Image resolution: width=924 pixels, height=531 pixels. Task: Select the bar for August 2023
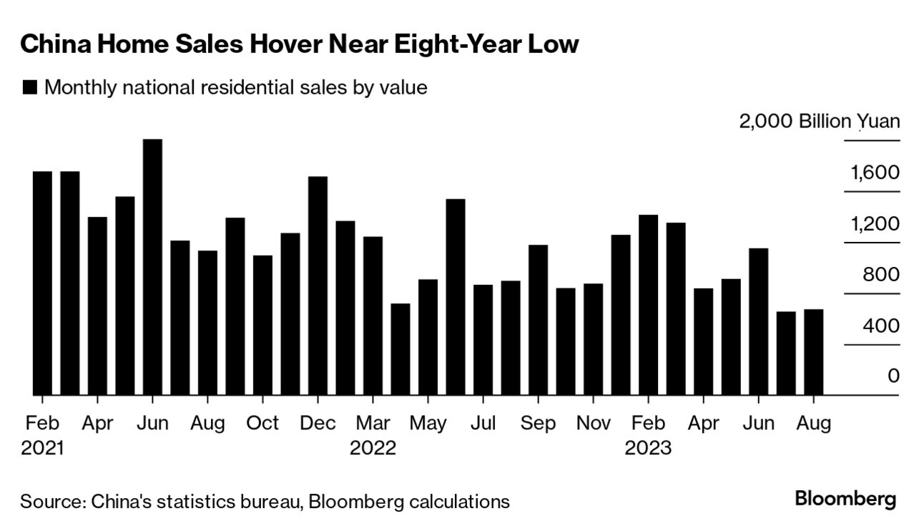click(813, 352)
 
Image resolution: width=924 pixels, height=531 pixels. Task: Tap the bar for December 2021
click(318, 286)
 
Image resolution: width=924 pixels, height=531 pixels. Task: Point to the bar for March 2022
click(373, 316)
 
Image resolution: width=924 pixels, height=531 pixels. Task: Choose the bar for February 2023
click(648, 305)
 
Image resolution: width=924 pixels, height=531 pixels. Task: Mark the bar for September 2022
click(538, 320)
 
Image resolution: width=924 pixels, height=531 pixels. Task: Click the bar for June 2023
click(758, 321)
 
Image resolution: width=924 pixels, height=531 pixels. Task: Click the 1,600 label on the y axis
click(875, 173)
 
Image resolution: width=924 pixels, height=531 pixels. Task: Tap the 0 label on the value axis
click(893, 376)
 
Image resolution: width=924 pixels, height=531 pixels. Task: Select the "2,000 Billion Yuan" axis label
click(820, 121)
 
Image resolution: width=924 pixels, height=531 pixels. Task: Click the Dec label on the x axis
click(318, 424)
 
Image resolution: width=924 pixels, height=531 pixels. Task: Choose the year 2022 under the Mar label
click(373, 448)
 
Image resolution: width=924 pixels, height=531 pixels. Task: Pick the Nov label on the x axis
click(593, 424)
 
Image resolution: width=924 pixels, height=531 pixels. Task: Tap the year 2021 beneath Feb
click(42, 448)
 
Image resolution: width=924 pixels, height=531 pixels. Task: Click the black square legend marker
click(30, 88)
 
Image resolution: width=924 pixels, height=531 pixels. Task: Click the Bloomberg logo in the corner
click(845, 499)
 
